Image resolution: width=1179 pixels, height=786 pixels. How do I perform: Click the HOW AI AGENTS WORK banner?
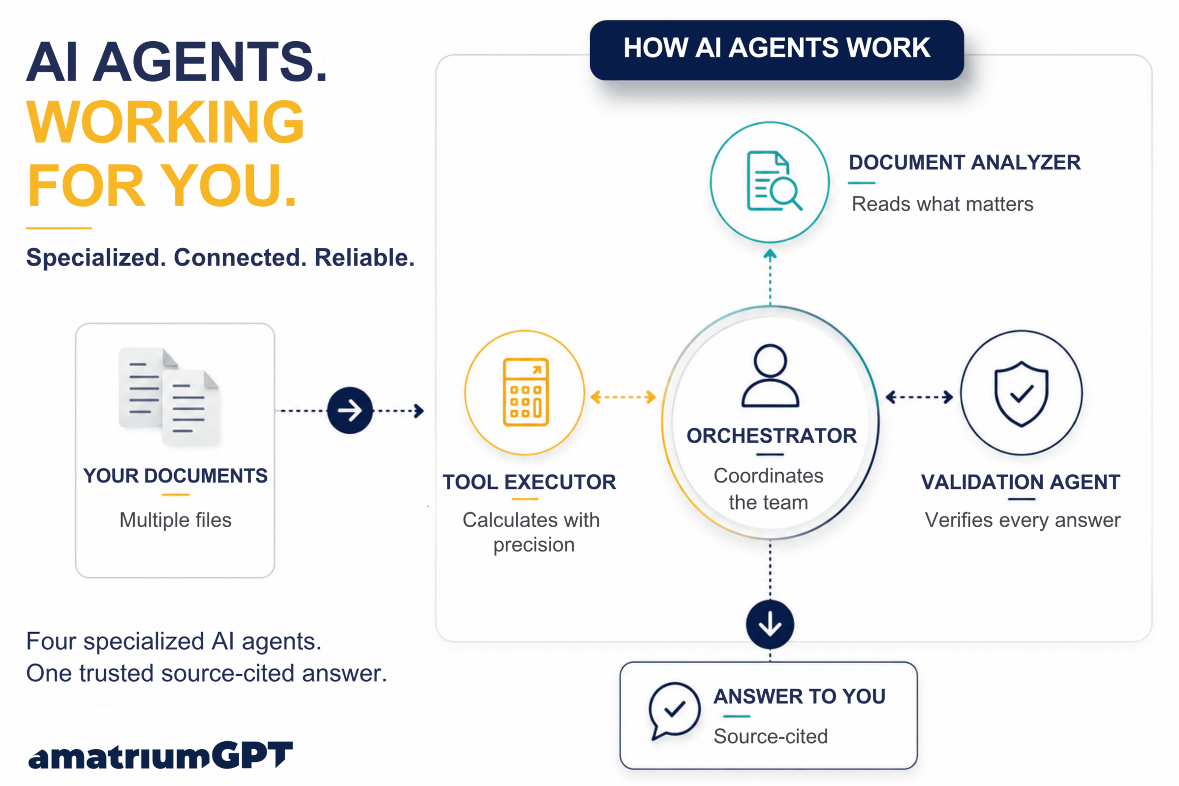pyautogui.click(x=776, y=50)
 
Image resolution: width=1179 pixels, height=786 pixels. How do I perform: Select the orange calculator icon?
pyautogui.click(x=526, y=392)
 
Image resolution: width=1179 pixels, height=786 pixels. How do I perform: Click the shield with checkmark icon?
pyautogui.click(x=1021, y=394)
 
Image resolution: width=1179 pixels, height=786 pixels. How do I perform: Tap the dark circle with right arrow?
pyautogui.click(x=349, y=411)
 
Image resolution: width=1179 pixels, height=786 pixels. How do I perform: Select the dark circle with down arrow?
pyautogui.click(x=770, y=624)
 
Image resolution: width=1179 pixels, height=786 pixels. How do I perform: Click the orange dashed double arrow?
pyautogui.click(x=623, y=397)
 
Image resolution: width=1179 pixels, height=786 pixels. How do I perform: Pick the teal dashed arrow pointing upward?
pyautogui.click(x=770, y=277)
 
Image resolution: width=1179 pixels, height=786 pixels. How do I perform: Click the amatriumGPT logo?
pyautogui.click(x=160, y=756)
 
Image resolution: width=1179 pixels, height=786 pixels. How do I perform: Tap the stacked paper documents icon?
pyautogui.click(x=169, y=396)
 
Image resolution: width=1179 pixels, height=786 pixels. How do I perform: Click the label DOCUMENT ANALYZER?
pyautogui.click(x=964, y=162)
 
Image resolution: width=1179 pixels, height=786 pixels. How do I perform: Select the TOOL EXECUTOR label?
pyautogui.click(x=529, y=482)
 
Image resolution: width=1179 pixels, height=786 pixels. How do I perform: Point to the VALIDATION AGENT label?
pyautogui.click(x=1021, y=482)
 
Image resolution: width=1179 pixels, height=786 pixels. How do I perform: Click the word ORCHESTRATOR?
pyautogui.click(x=771, y=436)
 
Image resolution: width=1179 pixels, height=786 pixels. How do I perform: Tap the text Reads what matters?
pyautogui.click(x=942, y=204)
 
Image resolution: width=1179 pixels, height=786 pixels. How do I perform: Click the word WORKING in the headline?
pyautogui.click(x=165, y=122)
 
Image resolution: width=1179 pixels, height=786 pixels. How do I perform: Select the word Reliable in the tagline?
pyautogui.click(x=364, y=258)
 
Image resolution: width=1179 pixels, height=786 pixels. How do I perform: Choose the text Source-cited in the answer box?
pyautogui.click(x=770, y=736)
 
